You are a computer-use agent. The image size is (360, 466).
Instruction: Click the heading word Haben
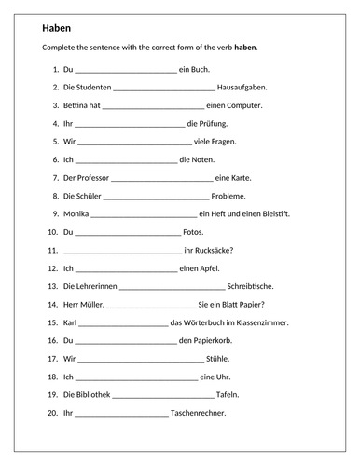[x=56, y=28]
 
